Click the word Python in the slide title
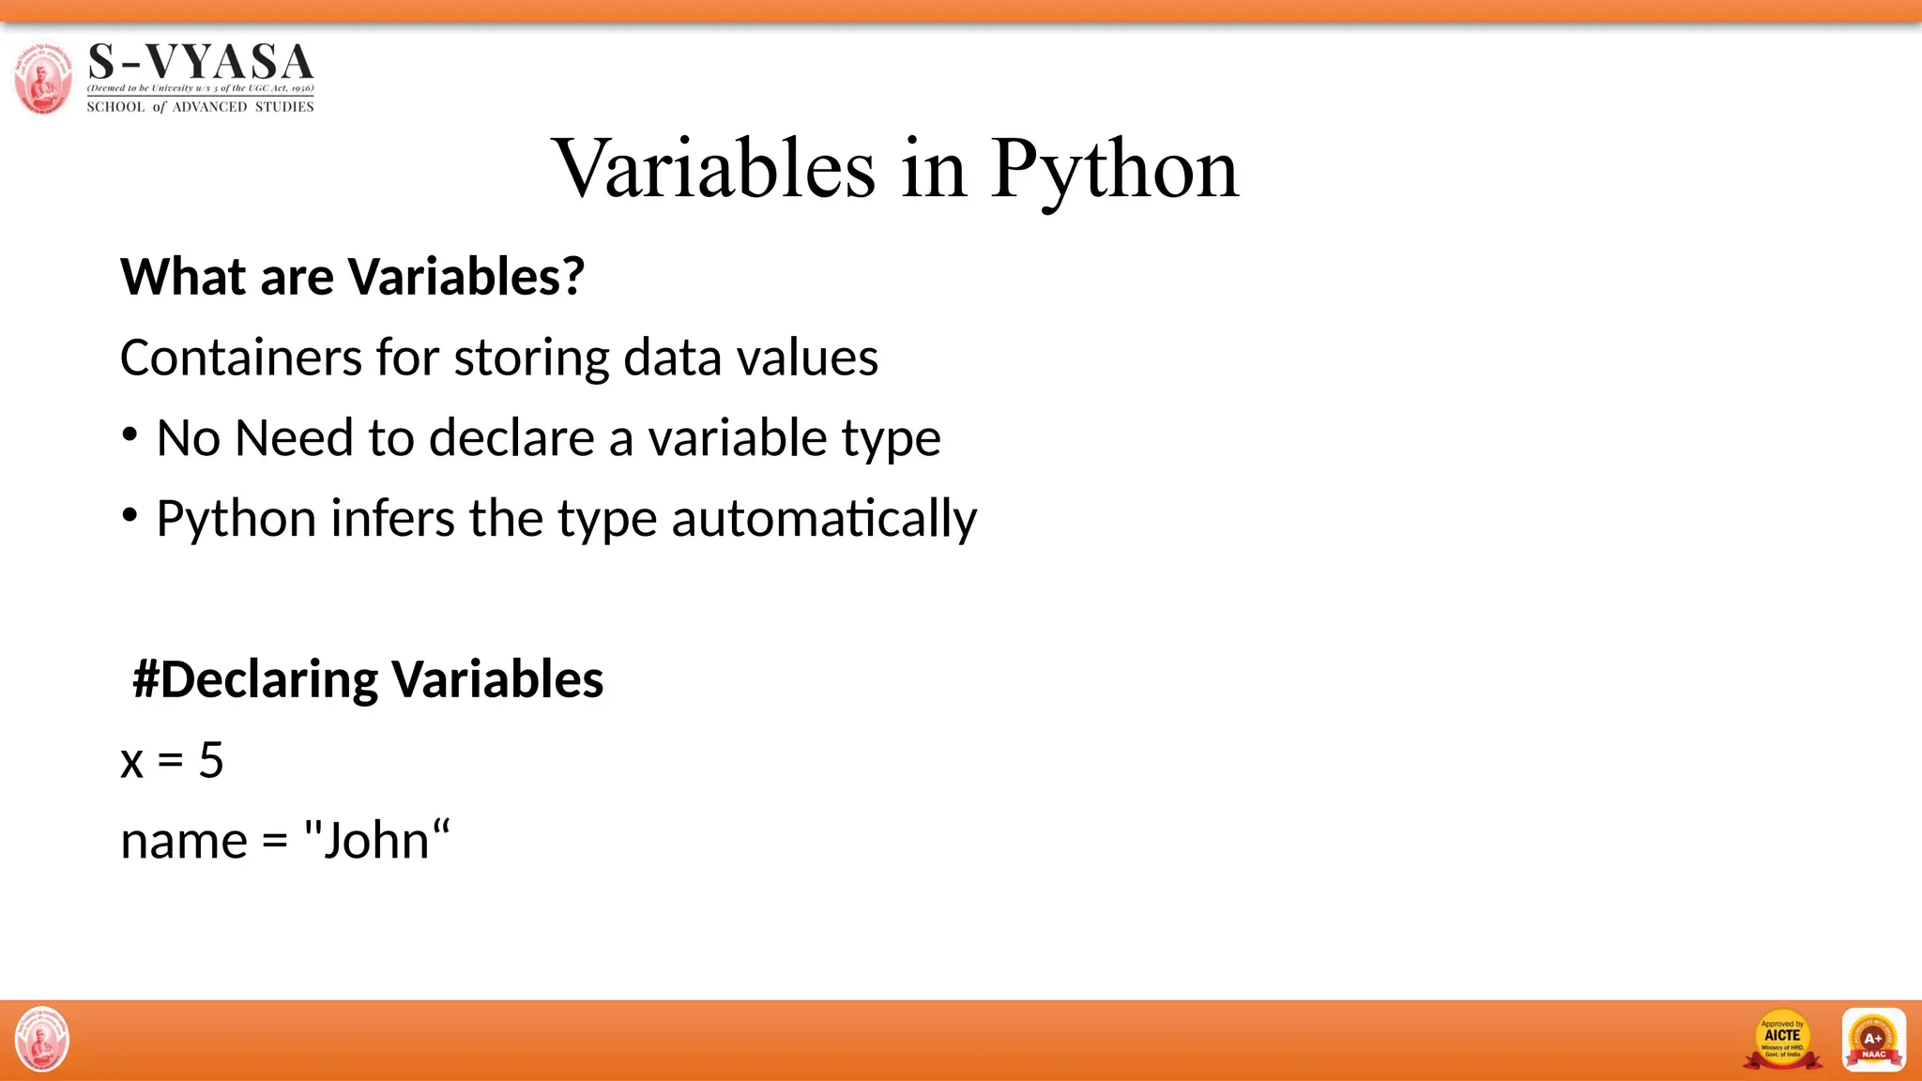(1114, 169)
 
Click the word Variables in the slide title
(715, 169)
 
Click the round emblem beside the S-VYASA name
(42, 77)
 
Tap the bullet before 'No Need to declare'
(130, 435)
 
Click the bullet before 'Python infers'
(130, 515)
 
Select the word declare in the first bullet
(511, 438)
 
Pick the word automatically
(824, 520)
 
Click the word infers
(392, 518)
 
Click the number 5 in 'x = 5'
(211, 760)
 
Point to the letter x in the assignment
(131, 762)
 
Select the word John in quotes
(375, 841)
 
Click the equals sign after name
(274, 842)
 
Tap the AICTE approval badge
(1781, 1040)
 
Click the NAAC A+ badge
(1873, 1040)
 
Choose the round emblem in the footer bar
(42, 1040)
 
